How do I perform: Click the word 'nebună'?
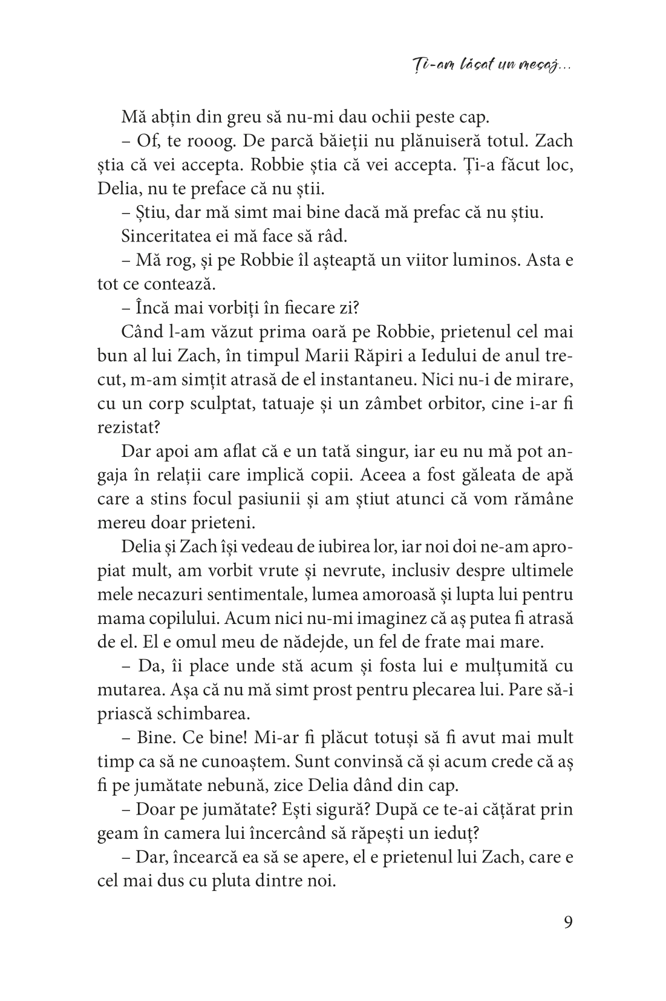pos(247,785)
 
